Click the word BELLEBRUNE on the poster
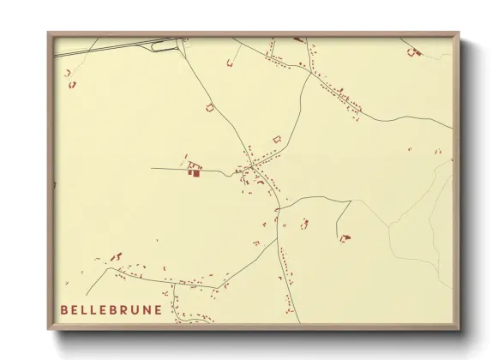tap(111, 309)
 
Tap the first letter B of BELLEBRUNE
tap(64, 309)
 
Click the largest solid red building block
tap(194, 172)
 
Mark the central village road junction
tap(251, 162)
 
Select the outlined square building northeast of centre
tap(276, 138)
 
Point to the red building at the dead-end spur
tap(345, 237)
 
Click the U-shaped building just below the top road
tap(231, 62)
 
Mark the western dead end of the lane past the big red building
tap(152, 168)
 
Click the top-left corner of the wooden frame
tap(49, 33)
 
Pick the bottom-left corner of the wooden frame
tap(49, 329)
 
